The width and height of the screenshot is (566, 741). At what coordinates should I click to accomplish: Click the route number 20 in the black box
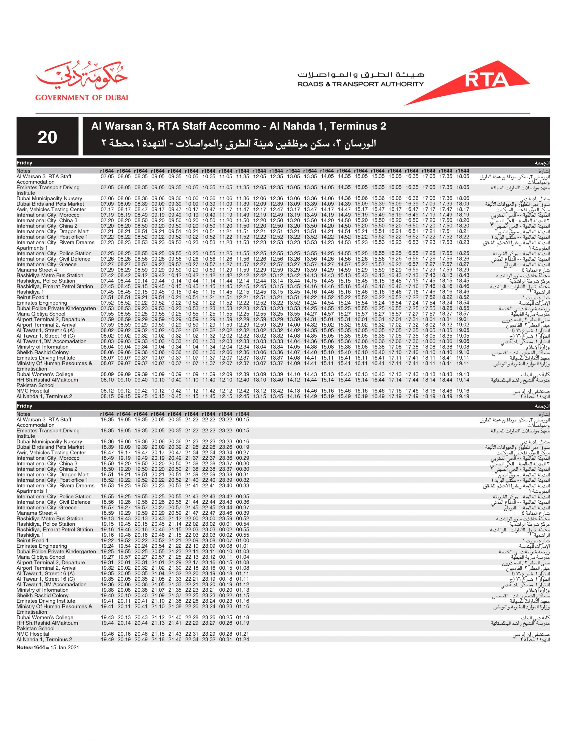coord(48,138)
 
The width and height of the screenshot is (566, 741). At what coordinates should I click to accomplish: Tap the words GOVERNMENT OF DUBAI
coord(82,98)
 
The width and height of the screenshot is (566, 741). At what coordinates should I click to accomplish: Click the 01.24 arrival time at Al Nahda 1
coord(242,639)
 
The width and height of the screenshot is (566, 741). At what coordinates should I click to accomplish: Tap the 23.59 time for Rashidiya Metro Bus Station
coord(226,518)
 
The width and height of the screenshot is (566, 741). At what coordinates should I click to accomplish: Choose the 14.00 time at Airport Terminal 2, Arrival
coord(293,325)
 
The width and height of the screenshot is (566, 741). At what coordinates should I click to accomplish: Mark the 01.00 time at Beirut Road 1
coord(242,540)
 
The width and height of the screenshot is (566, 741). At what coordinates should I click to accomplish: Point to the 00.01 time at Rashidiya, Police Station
coord(226,524)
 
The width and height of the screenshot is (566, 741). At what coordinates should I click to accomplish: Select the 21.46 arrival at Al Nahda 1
coord(175,639)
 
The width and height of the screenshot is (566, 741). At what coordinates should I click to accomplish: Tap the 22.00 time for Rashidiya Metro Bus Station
coord(192,518)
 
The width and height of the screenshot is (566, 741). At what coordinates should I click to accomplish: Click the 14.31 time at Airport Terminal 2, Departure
coord(310,319)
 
